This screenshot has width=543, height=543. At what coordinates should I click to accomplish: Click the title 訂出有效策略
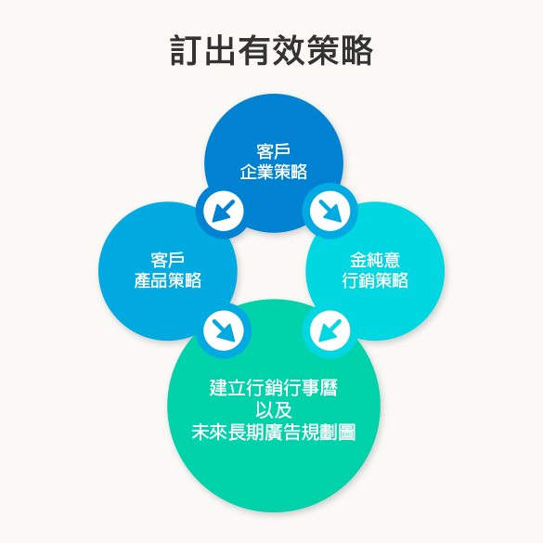tap(271, 50)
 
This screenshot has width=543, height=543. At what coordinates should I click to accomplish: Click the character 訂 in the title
tap(186, 50)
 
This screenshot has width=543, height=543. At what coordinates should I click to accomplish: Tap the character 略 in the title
tap(357, 50)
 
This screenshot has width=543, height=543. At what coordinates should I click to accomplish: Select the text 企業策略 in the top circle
tap(274, 172)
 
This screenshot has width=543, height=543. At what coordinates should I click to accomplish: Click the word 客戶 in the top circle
tap(274, 151)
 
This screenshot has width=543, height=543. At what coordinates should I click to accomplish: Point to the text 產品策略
tap(168, 280)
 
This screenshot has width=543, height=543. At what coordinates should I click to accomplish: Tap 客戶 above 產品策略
tap(168, 260)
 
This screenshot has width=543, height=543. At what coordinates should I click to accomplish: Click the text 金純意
tap(375, 260)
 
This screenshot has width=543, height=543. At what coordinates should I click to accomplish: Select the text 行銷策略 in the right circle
tap(375, 280)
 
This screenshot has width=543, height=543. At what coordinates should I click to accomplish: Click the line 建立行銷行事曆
tap(274, 387)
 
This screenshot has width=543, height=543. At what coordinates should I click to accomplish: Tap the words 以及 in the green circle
tap(274, 410)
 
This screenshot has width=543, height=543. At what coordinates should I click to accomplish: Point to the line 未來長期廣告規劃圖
tap(274, 433)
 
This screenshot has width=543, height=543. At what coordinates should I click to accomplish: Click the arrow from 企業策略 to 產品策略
tap(224, 212)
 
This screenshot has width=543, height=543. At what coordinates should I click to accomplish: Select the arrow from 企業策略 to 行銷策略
tap(330, 212)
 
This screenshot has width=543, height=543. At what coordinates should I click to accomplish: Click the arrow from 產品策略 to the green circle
tap(224, 330)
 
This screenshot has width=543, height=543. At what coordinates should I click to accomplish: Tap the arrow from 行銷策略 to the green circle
tap(330, 330)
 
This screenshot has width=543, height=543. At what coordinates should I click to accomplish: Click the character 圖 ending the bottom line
tap(347, 433)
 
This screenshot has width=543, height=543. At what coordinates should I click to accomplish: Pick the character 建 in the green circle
tap(218, 387)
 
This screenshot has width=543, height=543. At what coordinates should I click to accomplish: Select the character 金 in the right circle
tap(358, 260)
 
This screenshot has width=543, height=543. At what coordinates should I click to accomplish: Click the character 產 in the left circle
tap(142, 280)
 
